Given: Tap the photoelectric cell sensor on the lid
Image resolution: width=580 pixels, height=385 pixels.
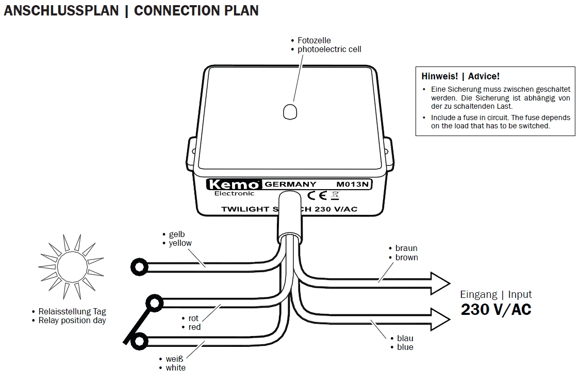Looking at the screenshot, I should point(291,111).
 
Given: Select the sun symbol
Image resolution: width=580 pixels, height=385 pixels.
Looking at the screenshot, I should point(71,267).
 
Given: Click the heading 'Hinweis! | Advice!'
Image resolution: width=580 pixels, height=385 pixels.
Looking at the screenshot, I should point(460,76).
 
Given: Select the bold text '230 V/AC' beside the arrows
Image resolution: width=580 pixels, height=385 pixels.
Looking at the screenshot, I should point(496,309).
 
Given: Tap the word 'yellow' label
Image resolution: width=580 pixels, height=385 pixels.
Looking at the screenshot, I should point(180,243).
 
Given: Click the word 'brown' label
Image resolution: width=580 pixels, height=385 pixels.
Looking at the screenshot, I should point(406,257).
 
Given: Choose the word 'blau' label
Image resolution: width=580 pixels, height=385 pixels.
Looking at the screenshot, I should point(405,338).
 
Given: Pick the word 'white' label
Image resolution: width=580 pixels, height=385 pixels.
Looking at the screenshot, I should point(175,367).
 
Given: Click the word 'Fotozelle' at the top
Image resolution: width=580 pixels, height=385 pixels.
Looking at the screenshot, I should point(314,40).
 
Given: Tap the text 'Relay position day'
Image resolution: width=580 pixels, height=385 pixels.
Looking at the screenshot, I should point(72,320).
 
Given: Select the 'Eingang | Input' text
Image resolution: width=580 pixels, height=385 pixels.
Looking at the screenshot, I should point(495,294).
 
